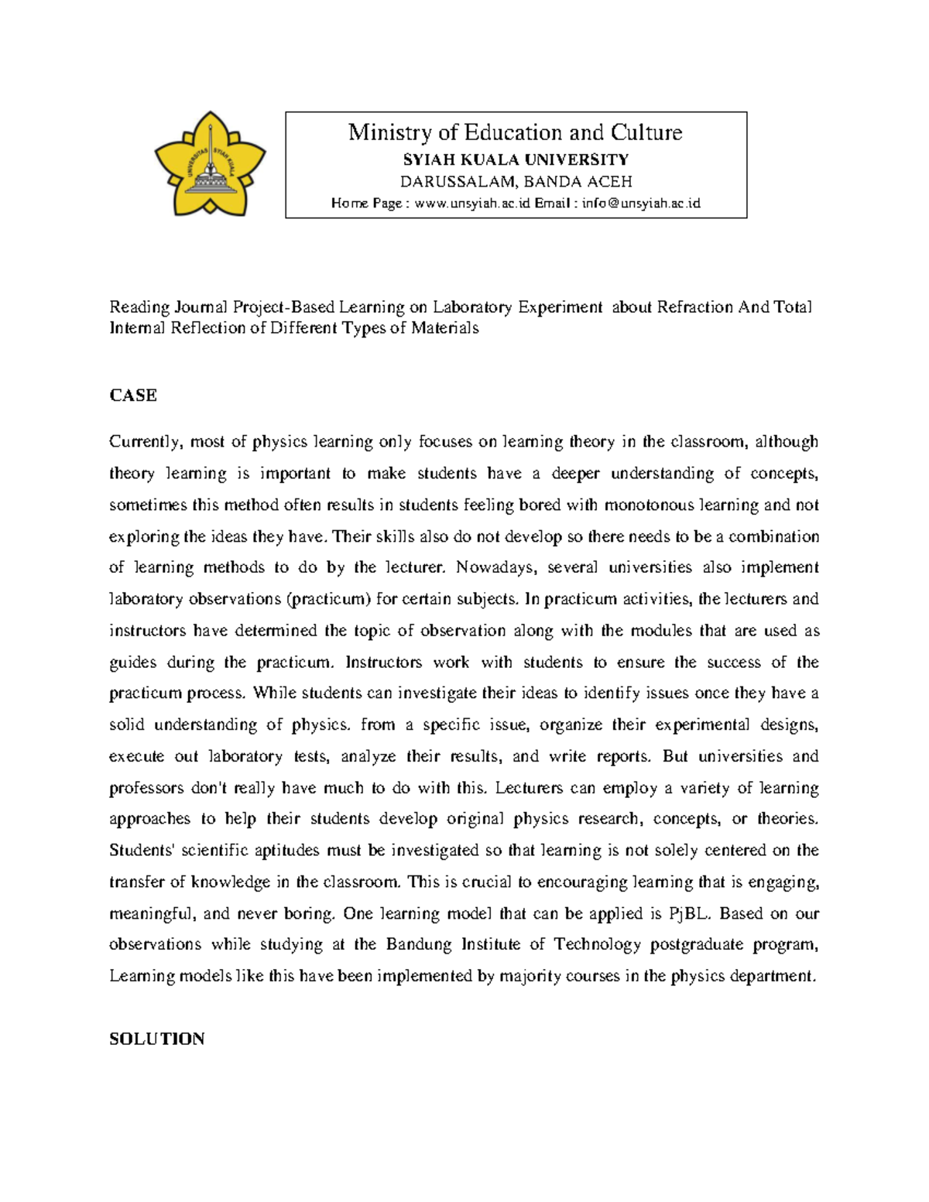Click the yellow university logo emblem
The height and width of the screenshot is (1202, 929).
[x=210, y=165]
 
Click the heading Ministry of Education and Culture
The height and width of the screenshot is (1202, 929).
[x=515, y=132]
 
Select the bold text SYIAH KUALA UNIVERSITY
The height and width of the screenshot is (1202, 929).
[x=516, y=159]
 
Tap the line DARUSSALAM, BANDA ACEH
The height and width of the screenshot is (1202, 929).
[x=516, y=182]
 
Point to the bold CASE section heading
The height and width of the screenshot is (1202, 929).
[x=133, y=396]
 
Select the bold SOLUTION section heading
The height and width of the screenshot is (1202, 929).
[x=156, y=1039]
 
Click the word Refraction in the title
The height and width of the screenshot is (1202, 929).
[x=695, y=307]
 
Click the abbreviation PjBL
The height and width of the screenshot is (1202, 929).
[x=688, y=914]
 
